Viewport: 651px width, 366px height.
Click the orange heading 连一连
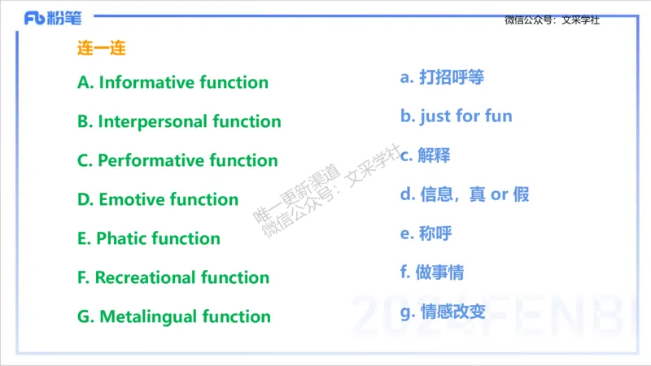click(102, 48)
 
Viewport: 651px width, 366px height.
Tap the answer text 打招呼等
click(452, 77)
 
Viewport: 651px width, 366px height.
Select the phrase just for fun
click(465, 116)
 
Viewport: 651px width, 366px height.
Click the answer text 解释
click(435, 155)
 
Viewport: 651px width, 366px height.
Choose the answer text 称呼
click(435, 233)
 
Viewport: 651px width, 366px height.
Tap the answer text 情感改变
click(452, 312)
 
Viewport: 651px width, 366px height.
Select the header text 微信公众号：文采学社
click(552, 20)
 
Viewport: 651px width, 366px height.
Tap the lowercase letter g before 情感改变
click(405, 312)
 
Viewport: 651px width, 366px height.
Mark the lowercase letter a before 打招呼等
click(405, 77)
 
